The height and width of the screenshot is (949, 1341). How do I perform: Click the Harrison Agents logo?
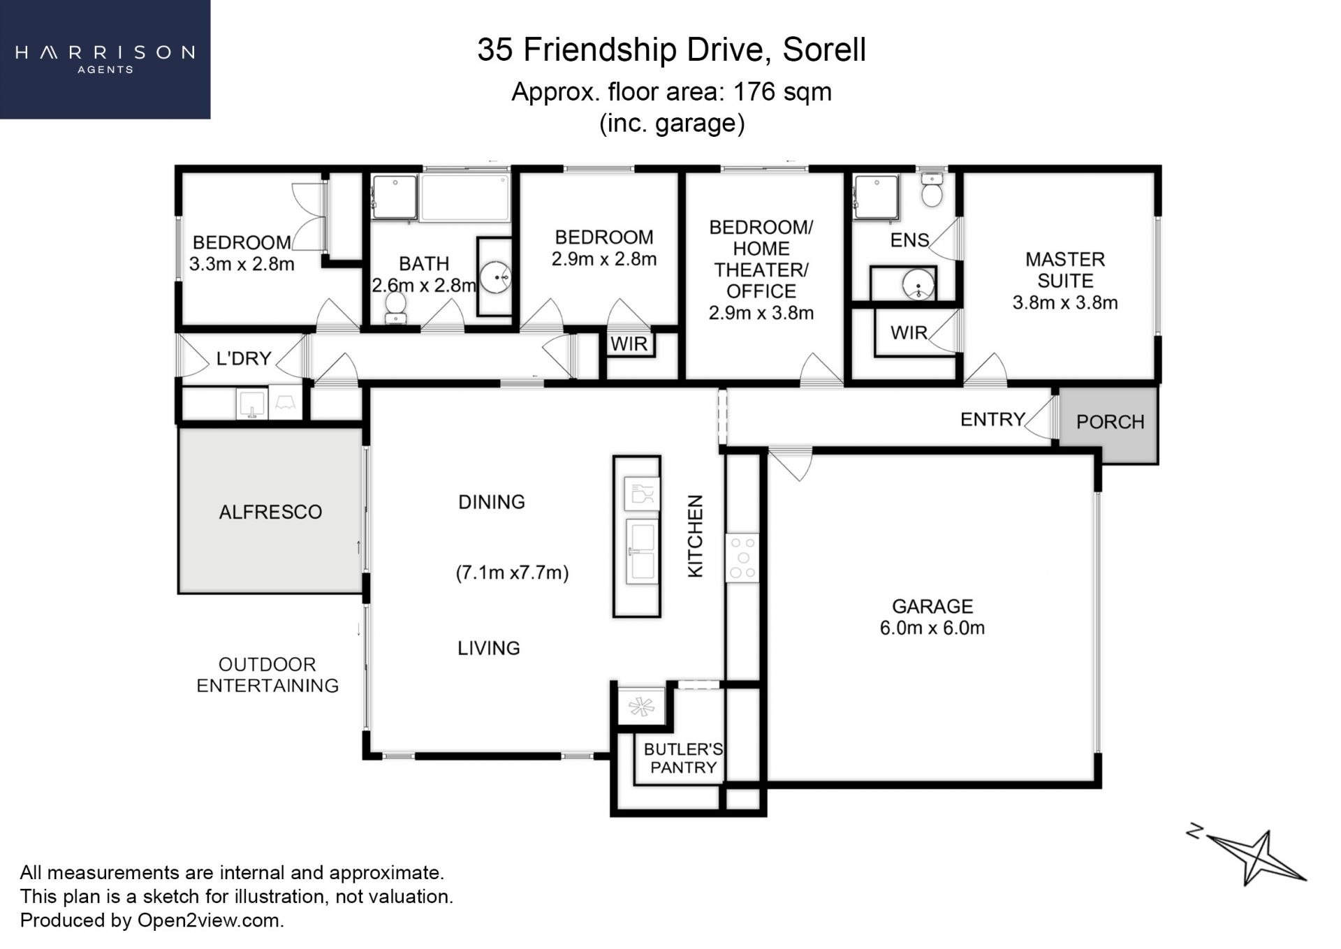point(105,59)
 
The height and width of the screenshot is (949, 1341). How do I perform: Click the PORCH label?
point(1110,422)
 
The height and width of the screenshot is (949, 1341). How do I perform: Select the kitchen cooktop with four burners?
point(742,557)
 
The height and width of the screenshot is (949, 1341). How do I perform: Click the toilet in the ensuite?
point(932,189)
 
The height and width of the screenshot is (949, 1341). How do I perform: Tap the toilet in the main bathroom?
point(396,307)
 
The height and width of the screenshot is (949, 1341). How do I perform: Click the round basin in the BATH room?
point(495,277)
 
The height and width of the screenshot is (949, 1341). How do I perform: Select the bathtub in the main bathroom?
point(466,198)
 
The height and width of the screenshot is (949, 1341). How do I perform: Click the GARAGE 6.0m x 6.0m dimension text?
point(932,628)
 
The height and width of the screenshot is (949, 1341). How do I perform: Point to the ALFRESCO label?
point(270,512)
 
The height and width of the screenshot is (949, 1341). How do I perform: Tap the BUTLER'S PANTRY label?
point(683,758)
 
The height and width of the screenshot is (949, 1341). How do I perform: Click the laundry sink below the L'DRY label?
point(251,403)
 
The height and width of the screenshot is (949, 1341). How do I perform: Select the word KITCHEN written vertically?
point(696,536)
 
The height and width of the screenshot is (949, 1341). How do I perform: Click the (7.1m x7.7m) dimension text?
point(512,573)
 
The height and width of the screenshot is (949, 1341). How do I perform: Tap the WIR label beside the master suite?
point(909,333)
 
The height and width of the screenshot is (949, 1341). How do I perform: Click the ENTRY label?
point(992,419)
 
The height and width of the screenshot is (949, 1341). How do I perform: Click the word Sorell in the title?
point(824,50)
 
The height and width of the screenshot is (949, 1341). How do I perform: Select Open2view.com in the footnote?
point(210,920)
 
